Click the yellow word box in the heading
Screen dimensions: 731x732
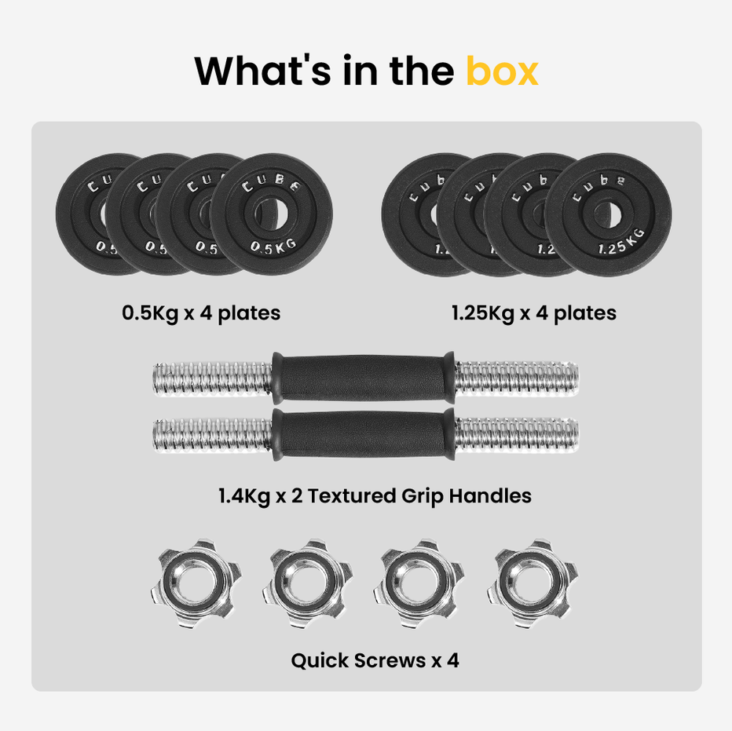click(x=502, y=70)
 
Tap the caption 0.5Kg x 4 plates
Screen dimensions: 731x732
click(x=201, y=313)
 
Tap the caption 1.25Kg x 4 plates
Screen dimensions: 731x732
click(x=533, y=313)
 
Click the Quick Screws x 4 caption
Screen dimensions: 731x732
click(x=375, y=660)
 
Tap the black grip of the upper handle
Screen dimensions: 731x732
click(x=364, y=375)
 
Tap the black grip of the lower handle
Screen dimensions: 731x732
click(x=364, y=432)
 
